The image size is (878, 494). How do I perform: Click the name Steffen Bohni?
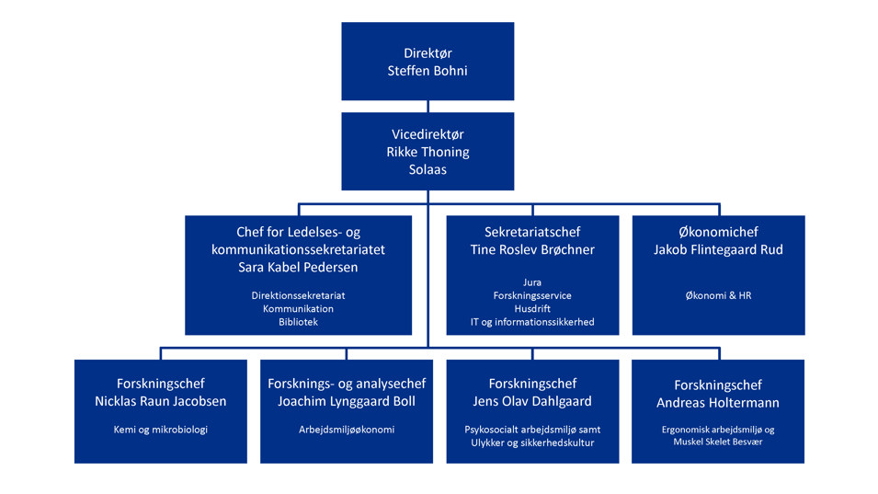428,71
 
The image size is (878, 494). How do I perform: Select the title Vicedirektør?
428,134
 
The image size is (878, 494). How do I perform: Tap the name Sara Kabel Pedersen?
298,268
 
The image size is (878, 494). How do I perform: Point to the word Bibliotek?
298,322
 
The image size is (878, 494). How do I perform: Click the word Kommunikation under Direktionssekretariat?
298,309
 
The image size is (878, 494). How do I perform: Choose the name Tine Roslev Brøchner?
532,250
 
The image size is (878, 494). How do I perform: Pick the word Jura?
532,282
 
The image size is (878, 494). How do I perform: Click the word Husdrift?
532,309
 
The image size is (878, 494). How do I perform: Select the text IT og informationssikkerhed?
532,322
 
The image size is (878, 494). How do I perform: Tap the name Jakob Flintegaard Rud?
718,250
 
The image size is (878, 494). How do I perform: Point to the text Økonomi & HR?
718,296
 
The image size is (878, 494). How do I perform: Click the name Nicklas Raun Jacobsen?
161,401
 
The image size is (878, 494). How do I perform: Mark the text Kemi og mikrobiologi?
161,430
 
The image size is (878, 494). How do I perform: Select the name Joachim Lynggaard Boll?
347,401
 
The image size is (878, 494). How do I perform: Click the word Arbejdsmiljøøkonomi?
347,430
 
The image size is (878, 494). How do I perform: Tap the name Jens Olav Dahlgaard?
532,401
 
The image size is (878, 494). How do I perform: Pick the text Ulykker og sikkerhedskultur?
532,442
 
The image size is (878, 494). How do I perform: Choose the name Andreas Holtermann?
718,403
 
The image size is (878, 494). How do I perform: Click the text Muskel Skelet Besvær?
718,442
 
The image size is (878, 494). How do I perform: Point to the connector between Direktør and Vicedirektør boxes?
428,107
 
